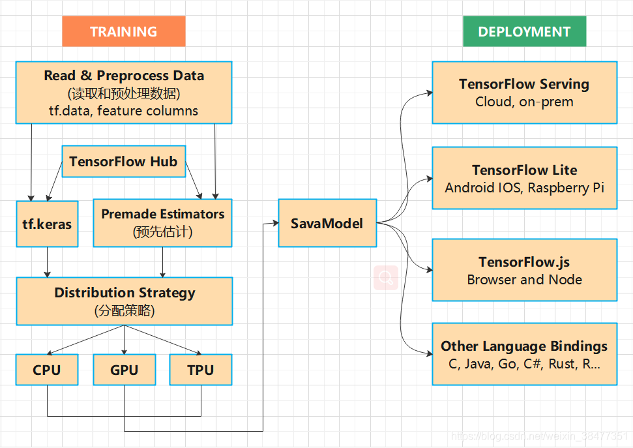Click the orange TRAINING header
[123, 31]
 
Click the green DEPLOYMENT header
[524, 31]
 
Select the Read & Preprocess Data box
[123, 93]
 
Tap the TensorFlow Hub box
[123, 162]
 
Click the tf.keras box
[47, 224]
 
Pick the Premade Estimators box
[162, 224]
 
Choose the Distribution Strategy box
[124, 301]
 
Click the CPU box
[47, 370]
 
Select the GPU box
[124, 370]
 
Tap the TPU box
[201, 370]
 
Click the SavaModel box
[327, 223]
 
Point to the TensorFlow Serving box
[524, 93]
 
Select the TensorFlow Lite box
[524, 178]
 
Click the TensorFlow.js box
[524, 270]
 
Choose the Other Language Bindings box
[524, 354]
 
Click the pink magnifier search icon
[386, 278]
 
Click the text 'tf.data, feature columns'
[123, 110]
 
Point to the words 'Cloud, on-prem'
[524, 102]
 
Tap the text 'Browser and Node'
[524, 280]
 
